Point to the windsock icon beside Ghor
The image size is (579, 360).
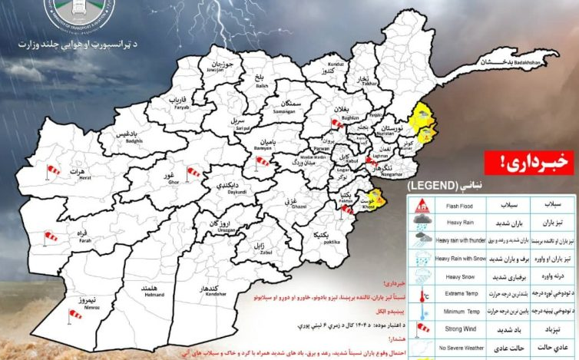coord(194,171)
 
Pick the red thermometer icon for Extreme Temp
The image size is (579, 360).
coord(421,293)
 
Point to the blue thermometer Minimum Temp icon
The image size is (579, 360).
coord(421,311)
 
